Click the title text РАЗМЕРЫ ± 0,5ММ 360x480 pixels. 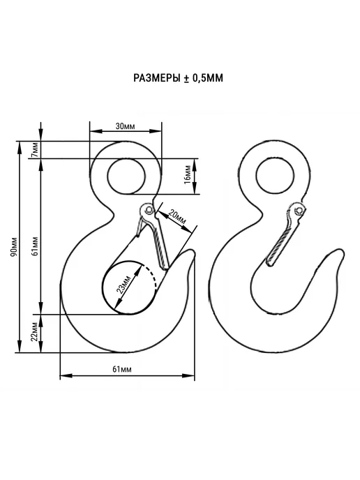click(178, 78)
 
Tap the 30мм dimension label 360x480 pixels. click(125, 126)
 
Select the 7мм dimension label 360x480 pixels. click(36, 150)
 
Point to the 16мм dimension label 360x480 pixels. click(188, 174)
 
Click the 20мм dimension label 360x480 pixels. click(177, 217)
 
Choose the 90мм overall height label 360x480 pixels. click(13, 247)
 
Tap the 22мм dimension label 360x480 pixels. click(34, 332)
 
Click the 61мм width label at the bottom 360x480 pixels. click(122, 369)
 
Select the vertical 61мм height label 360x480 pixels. click(36, 246)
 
